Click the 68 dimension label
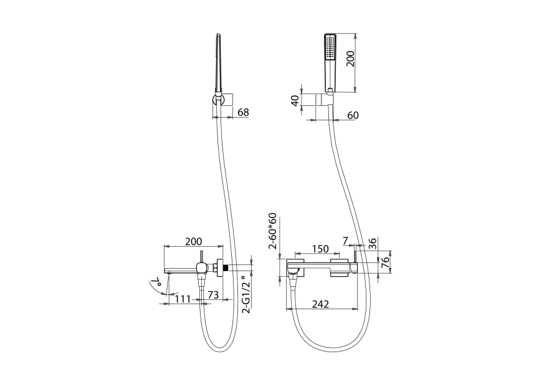coord(244,112)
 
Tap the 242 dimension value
coord(320,304)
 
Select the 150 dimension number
coord(320,249)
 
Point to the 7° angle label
coord(157,284)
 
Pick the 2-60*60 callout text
coord(272,231)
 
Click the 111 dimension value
coord(183,299)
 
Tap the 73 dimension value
coord(214,295)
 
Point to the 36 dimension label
coord(373,243)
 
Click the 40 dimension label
coord(295,101)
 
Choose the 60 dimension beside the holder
coord(353,115)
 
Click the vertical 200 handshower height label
coord(351,58)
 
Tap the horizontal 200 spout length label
coord(194,241)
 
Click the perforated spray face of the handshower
coord(331,47)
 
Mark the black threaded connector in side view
coord(226,268)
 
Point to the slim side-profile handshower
coord(217,64)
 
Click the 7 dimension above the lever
coord(345,241)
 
